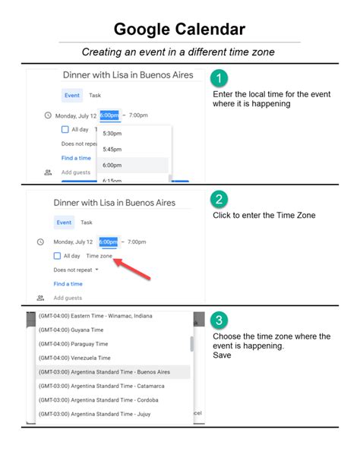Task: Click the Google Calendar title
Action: (x=179, y=30)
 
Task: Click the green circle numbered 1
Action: (x=219, y=78)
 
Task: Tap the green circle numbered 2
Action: (x=219, y=200)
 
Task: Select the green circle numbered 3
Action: (x=219, y=320)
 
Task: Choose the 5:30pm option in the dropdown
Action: (x=112, y=133)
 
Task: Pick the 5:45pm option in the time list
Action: (x=112, y=149)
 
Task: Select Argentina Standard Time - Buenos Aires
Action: (x=104, y=372)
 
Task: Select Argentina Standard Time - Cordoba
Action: (x=98, y=400)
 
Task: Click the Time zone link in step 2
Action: (x=99, y=256)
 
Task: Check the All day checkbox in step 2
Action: (x=58, y=256)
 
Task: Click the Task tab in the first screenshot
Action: (x=95, y=96)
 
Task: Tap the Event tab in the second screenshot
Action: (x=64, y=223)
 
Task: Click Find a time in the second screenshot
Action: (x=68, y=284)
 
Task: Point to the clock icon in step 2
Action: (x=40, y=242)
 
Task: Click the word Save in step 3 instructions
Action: (x=221, y=355)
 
